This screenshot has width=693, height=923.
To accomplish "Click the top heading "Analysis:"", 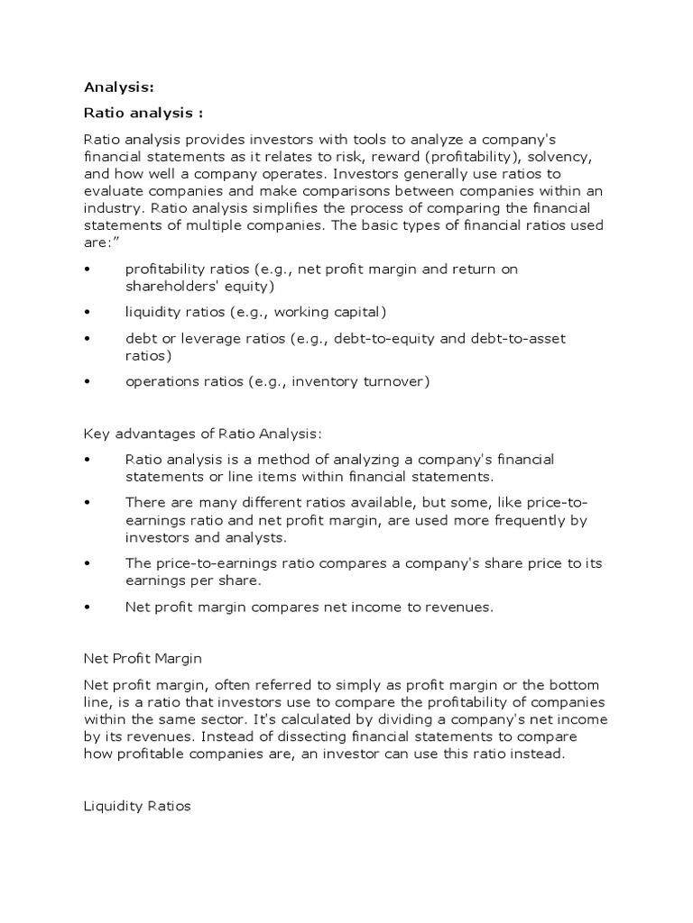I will pyautogui.click(x=119, y=87).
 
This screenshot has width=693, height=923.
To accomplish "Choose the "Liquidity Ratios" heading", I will pyautogui.click(x=137, y=806).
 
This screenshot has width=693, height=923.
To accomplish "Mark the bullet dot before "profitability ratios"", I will pyautogui.click(x=88, y=270).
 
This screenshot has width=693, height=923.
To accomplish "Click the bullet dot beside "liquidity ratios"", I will pyautogui.click(x=88, y=313).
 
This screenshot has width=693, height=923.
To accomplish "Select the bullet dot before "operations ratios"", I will pyautogui.click(x=88, y=382).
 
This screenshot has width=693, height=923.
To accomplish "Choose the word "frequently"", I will pyautogui.click(x=506, y=520).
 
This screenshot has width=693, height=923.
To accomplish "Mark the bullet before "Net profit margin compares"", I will pyautogui.click(x=88, y=608).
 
